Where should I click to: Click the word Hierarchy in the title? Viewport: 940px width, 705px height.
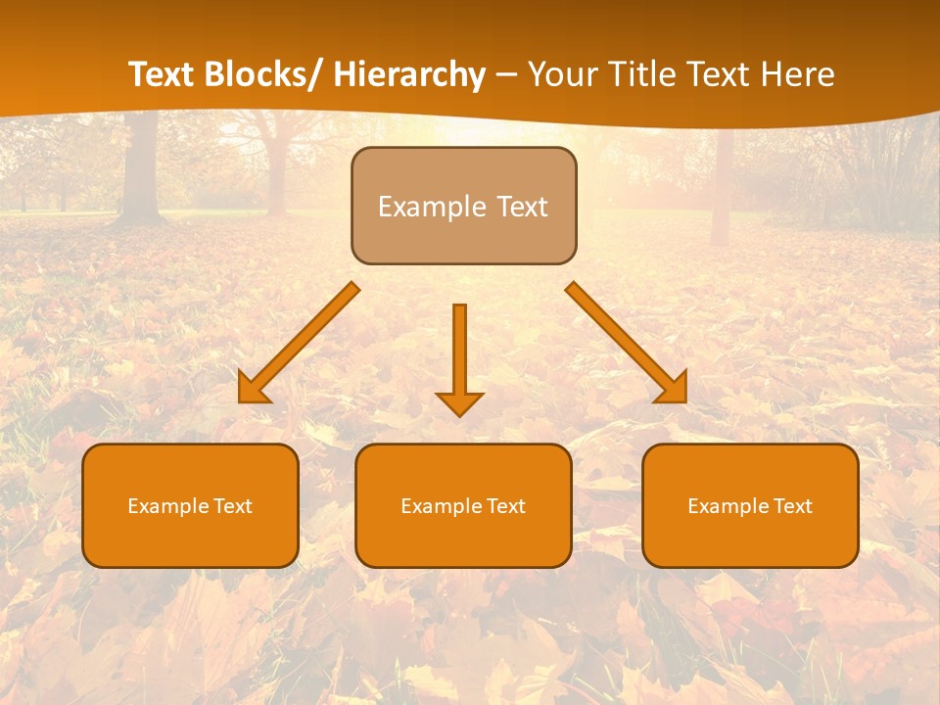(x=409, y=75)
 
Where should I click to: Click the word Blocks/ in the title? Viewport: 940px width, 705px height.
(x=263, y=75)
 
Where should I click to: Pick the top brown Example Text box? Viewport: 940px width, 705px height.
(x=463, y=206)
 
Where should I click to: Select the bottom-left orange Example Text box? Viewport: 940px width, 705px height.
(x=190, y=506)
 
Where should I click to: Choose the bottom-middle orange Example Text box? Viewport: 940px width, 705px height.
(x=463, y=506)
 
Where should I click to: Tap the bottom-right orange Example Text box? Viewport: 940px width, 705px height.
(x=750, y=506)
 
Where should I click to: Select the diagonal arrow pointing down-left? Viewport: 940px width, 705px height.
(x=299, y=343)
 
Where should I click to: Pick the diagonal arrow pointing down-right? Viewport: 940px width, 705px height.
(x=627, y=343)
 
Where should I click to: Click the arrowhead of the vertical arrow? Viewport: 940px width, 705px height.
(x=459, y=402)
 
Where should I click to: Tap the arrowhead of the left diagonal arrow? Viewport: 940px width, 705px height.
(x=254, y=389)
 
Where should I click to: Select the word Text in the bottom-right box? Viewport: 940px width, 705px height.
(x=792, y=506)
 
